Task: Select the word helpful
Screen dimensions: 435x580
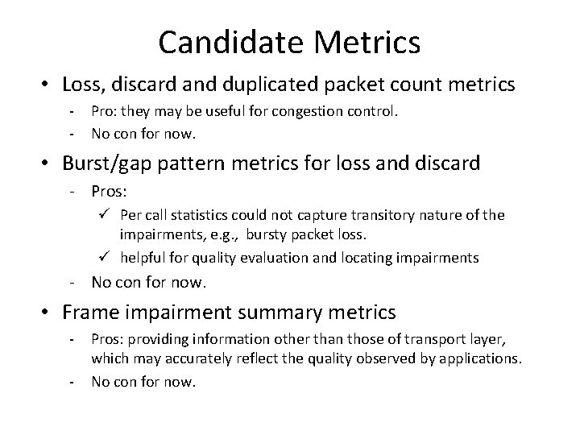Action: pyautogui.click(x=143, y=258)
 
